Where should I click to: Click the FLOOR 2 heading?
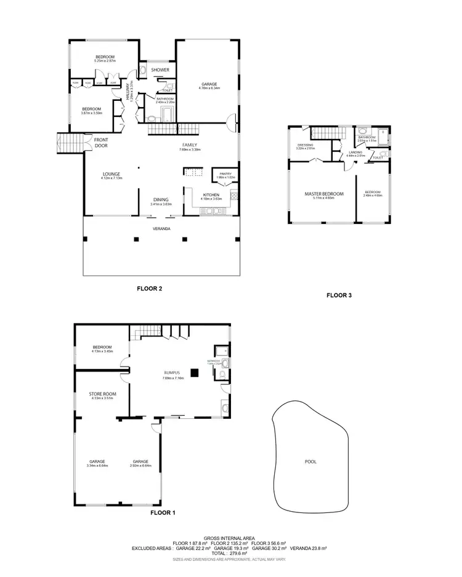pyautogui.click(x=149, y=287)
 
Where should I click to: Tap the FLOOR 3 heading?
pyautogui.click(x=339, y=295)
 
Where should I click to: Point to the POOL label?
pyautogui.click(x=311, y=461)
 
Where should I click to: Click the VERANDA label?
pyautogui.click(x=161, y=228)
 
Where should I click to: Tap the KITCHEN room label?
pyautogui.click(x=212, y=194)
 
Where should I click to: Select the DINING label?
pyautogui.click(x=161, y=199)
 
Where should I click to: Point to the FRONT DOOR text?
pyautogui.click(x=101, y=143)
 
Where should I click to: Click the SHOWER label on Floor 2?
pyautogui.click(x=160, y=70)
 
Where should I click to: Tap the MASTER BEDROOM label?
pyautogui.click(x=324, y=194)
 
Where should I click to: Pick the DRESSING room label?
pyautogui.click(x=306, y=145)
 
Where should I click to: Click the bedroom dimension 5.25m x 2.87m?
pyautogui.click(x=105, y=61)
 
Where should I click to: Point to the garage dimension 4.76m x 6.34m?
pyautogui.click(x=209, y=88)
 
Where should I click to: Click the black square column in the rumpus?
pyautogui.click(x=195, y=372)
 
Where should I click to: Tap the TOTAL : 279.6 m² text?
pyautogui.click(x=230, y=553)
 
